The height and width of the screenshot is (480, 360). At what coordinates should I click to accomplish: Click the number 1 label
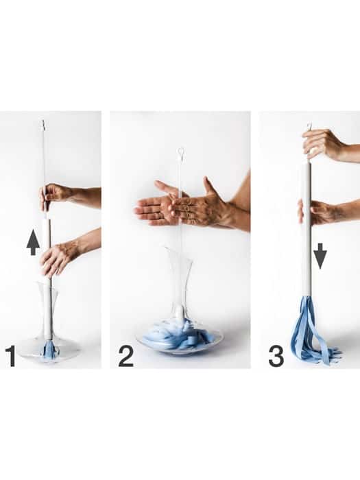(x=12, y=356)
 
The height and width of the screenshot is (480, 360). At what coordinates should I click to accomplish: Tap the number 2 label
(x=125, y=356)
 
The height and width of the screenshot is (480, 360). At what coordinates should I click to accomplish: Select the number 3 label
(x=276, y=356)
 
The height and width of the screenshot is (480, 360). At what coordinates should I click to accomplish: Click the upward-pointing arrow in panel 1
(x=33, y=243)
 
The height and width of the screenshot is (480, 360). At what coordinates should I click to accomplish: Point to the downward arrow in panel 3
(x=320, y=256)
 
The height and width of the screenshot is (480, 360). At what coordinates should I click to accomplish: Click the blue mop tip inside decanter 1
(x=49, y=350)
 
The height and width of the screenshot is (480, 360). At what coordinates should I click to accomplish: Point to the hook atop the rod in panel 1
(x=43, y=124)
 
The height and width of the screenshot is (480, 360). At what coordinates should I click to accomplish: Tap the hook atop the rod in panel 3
(x=310, y=125)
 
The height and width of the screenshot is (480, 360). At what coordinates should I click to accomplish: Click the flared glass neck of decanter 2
(x=179, y=276)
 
